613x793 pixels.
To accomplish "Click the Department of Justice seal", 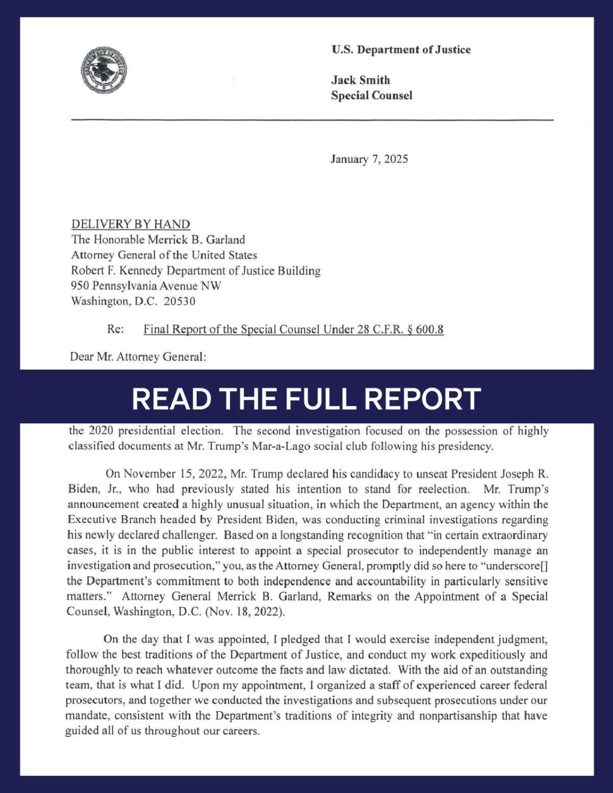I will pyautogui.click(x=104, y=70).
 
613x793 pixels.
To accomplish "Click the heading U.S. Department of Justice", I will pyautogui.click(x=401, y=50).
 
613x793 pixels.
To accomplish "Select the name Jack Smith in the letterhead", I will pyautogui.click(x=360, y=80).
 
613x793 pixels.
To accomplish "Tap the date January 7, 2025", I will pyautogui.click(x=369, y=159).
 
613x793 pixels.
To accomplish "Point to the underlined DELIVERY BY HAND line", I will pyautogui.click(x=131, y=224).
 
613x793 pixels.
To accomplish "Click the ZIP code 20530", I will pyautogui.click(x=179, y=301).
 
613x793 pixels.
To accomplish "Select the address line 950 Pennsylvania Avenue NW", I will pyautogui.click(x=146, y=286).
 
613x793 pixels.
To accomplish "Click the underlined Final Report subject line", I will pyautogui.click(x=293, y=329).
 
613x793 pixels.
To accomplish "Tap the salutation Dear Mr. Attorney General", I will pyautogui.click(x=138, y=357).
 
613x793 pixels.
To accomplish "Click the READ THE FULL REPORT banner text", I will pyautogui.click(x=306, y=399).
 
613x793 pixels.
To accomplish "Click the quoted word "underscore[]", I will pyautogui.click(x=514, y=566).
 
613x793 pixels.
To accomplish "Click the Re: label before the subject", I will pyautogui.click(x=115, y=329).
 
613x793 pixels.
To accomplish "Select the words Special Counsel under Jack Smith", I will pyautogui.click(x=371, y=95).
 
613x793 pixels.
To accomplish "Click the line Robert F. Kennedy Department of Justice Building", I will pyautogui.click(x=196, y=271).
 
